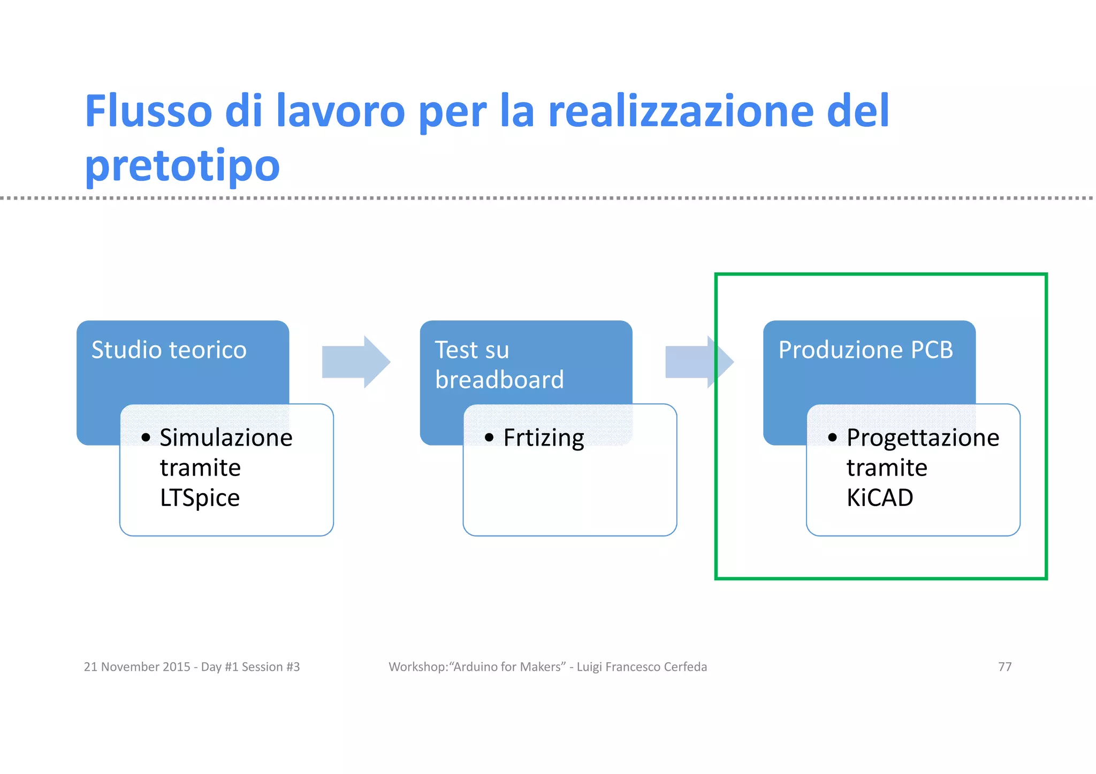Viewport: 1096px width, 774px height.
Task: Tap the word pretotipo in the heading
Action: click(x=182, y=165)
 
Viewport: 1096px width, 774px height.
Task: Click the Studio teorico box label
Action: click(x=169, y=350)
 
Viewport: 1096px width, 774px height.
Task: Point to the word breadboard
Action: click(x=499, y=380)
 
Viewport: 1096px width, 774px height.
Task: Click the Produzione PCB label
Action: click(x=865, y=350)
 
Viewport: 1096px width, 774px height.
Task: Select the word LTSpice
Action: click(x=200, y=498)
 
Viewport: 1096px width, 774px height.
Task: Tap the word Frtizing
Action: click(x=543, y=438)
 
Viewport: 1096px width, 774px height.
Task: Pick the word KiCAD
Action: click(x=879, y=498)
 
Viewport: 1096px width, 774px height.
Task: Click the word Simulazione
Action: click(x=226, y=438)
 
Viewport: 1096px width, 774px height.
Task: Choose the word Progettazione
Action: click(x=923, y=438)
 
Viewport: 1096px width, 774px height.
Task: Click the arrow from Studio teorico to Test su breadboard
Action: click(x=356, y=362)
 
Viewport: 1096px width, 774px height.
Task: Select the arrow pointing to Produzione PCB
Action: click(x=699, y=362)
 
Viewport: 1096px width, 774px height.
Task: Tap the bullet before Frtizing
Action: click(x=489, y=438)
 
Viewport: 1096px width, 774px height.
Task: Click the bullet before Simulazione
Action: click(x=146, y=438)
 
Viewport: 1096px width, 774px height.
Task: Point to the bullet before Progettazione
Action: click(x=832, y=438)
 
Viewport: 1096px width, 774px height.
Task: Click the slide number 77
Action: click(x=1004, y=667)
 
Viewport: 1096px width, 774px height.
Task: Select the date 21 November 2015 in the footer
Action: click(x=136, y=667)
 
